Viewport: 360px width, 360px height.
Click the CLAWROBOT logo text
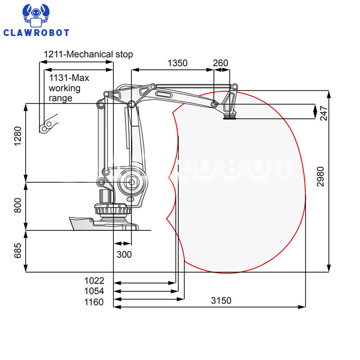tap(36, 32)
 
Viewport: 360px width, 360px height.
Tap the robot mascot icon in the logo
tap(36, 15)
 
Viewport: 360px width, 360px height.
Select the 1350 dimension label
tap(177, 63)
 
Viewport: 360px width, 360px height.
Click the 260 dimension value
tap(220, 63)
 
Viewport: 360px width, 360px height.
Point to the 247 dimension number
tap(324, 113)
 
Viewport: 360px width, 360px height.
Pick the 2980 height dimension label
tap(320, 176)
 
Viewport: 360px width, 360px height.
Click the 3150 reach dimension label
tap(221, 301)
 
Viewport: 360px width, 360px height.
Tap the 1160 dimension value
tap(94, 302)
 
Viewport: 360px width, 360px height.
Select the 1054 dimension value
tap(94, 291)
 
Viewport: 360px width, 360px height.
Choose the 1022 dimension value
tap(94, 280)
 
